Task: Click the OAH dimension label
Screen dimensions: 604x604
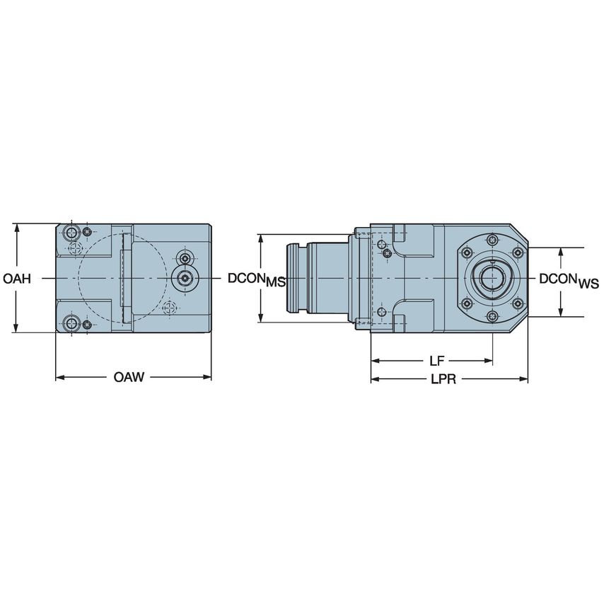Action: click(x=17, y=279)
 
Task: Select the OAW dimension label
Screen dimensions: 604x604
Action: click(x=129, y=377)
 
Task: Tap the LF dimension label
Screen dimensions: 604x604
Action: click(x=437, y=361)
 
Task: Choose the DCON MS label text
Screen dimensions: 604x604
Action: click(x=256, y=280)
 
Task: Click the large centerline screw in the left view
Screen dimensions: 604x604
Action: click(x=185, y=279)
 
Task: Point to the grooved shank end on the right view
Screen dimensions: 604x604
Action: click(x=296, y=279)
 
